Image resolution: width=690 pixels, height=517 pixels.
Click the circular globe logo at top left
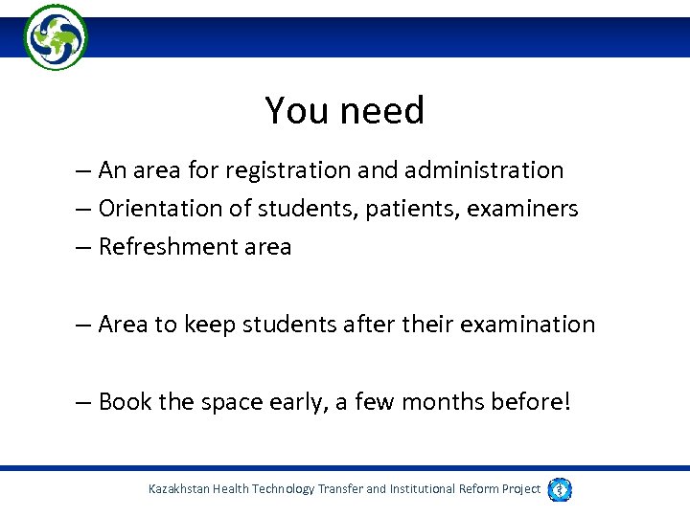(x=56, y=37)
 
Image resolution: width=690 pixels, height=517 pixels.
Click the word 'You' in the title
(x=288, y=111)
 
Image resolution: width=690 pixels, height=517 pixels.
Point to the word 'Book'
(x=126, y=401)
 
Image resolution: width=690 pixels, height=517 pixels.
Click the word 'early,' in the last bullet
(x=291, y=401)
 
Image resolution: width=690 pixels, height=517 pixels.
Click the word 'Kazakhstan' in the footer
(x=180, y=489)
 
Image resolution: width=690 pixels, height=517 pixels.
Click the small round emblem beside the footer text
(x=561, y=489)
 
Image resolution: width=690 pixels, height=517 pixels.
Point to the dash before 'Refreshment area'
(x=84, y=248)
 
